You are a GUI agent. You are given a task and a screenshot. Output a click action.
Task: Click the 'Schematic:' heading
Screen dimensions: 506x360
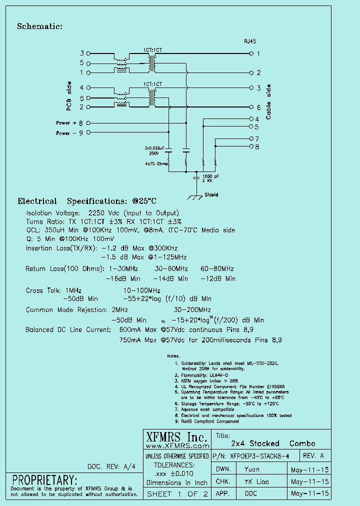point(39,26)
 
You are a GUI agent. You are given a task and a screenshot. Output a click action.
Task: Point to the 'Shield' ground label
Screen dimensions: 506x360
point(211,195)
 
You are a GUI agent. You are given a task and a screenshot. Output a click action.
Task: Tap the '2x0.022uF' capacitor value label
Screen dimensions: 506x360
point(155,148)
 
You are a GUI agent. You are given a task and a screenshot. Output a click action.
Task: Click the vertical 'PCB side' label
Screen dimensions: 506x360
point(69,95)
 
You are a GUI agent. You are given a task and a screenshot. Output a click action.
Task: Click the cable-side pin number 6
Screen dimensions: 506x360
point(258,107)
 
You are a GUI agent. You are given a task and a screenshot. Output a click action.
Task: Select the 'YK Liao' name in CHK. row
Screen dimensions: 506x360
point(256,481)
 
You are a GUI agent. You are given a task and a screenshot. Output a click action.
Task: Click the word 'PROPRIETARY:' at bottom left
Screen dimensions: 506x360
point(45,479)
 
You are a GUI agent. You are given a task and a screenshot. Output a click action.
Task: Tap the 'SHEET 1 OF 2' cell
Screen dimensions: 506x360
point(177,494)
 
